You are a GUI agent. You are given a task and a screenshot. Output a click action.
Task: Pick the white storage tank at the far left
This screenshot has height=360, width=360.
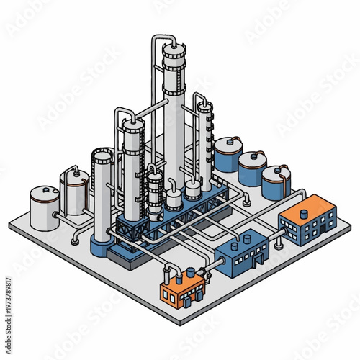(44, 207)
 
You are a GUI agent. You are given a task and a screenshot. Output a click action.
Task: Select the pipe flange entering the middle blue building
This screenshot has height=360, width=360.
(215, 265)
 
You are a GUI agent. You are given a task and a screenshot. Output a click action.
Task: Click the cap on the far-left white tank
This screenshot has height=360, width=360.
(45, 189)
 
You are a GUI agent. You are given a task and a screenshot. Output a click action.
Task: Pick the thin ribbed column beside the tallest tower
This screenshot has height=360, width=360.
(205, 140)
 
